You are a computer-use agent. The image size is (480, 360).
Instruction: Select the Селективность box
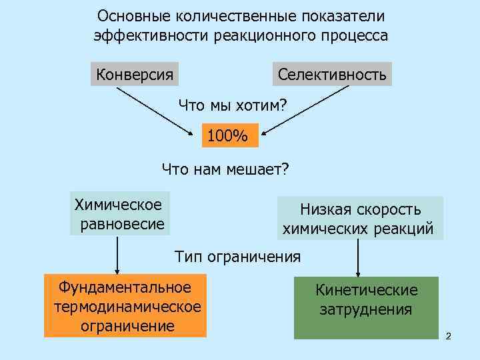coord(331,73)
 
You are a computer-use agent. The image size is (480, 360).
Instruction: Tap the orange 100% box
coord(227,136)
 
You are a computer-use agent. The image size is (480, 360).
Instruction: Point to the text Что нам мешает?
coord(225,169)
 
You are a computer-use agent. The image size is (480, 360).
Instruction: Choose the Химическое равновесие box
coord(121,213)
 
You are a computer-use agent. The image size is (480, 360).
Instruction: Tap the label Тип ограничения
coord(237,256)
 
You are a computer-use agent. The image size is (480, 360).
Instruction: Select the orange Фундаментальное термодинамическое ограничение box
coord(125,306)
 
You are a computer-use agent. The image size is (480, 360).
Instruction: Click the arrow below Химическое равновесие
coord(118,255)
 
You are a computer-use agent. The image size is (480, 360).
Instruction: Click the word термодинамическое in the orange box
coord(125,307)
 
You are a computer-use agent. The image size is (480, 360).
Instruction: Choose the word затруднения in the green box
coord(366,309)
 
